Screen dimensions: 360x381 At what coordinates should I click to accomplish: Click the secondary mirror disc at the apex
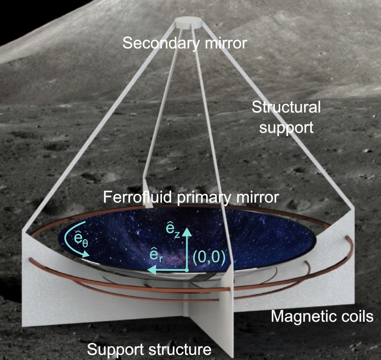pyautogui.click(x=188, y=23)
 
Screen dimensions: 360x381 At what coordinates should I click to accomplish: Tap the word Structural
pyautogui.click(x=286, y=108)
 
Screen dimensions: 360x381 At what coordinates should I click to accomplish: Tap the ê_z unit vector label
pyautogui.click(x=173, y=232)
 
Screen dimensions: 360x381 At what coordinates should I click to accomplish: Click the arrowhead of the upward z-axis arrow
pyautogui.click(x=187, y=232)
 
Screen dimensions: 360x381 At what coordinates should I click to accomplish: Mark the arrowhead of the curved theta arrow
pyautogui.click(x=87, y=254)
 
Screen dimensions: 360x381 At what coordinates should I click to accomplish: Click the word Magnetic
pyautogui.click(x=299, y=317)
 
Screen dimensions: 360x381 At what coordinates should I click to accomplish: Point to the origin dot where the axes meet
pyautogui.click(x=187, y=270)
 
